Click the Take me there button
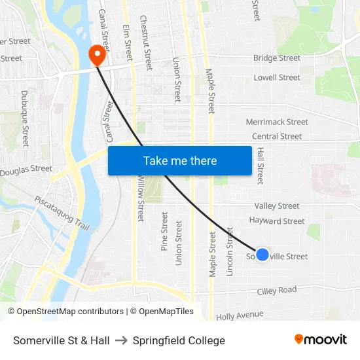coord(180,160)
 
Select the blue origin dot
coord(262,255)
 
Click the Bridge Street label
coord(277,58)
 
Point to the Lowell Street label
coord(277,77)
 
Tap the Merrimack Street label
coord(277,122)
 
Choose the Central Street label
coord(277,136)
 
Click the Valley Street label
coord(277,206)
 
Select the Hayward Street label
coord(277,221)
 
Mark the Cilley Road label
coord(277,290)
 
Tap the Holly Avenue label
coord(240,315)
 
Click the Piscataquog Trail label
coord(62,213)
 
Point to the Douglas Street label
coord(26,170)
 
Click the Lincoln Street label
coord(230,251)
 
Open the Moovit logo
coord(321,340)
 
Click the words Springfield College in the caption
coord(179,340)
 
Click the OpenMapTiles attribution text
coord(162,312)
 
